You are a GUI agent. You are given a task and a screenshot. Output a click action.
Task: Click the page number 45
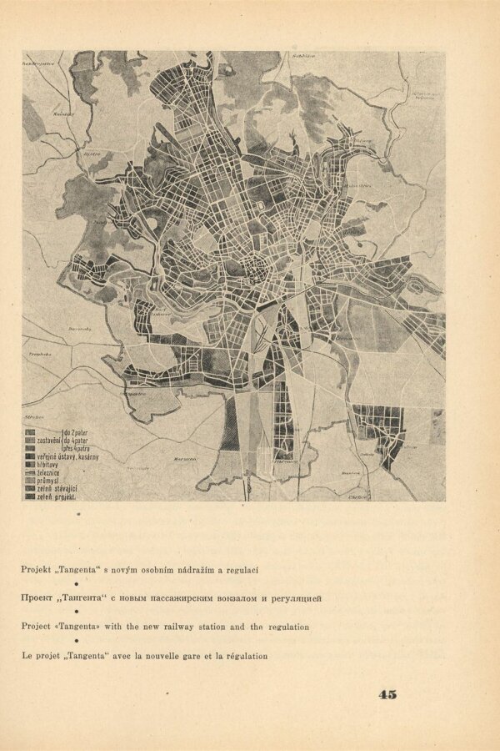pos(387,694)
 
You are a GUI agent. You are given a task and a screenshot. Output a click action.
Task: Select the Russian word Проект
pos(39,598)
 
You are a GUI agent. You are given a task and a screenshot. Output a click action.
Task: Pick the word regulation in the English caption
pos(282,627)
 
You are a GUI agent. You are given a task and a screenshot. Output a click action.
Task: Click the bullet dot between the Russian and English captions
pos(77,612)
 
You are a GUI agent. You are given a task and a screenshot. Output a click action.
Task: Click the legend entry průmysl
pos(52,480)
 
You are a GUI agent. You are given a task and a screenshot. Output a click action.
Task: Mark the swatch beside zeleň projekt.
pos(29,496)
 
